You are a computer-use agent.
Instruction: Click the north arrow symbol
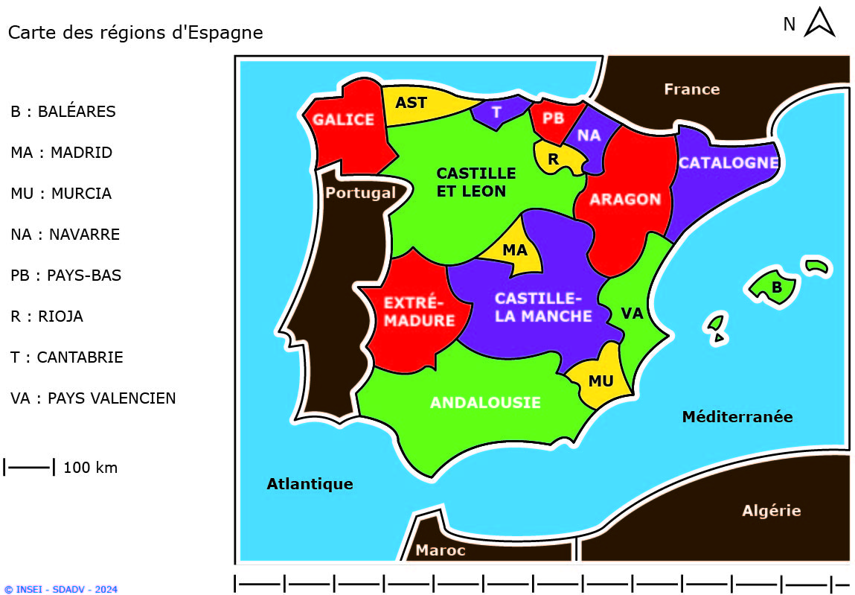tap(820, 22)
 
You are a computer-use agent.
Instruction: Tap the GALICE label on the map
tap(343, 120)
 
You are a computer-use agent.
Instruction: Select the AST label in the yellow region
tap(411, 103)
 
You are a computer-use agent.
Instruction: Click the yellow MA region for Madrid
tap(516, 251)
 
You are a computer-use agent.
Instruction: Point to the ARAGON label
tap(625, 200)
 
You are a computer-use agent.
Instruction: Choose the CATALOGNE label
tap(728, 163)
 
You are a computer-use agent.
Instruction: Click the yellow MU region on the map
tap(601, 381)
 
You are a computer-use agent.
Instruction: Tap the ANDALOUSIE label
tap(485, 403)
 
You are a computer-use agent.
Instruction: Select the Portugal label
tap(361, 193)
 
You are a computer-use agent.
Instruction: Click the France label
tap(691, 89)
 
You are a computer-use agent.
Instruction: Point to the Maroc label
tap(440, 550)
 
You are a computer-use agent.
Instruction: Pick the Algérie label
tap(771, 511)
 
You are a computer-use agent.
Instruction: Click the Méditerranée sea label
tap(737, 417)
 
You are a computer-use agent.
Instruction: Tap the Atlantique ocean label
tap(310, 484)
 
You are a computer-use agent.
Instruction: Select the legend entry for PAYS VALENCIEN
tap(93, 398)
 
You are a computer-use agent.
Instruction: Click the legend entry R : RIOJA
tap(47, 316)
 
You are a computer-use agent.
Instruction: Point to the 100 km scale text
tap(90, 468)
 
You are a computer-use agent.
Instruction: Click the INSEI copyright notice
tap(60, 589)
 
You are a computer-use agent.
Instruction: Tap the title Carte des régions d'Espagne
tap(135, 33)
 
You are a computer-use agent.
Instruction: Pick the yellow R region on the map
tap(554, 159)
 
